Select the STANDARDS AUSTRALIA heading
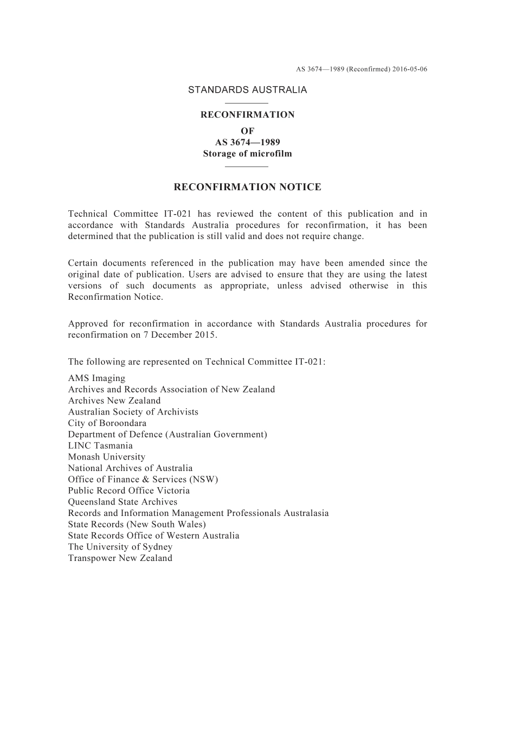tap(247, 90)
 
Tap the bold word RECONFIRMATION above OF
tap(247, 115)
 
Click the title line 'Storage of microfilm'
tap(247, 154)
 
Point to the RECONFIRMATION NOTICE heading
tap(247, 188)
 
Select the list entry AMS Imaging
tap(96, 378)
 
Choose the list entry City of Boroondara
tap(107, 423)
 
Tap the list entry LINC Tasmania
tap(100, 446)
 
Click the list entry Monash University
tap(106, 457)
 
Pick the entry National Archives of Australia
tap(130, 468)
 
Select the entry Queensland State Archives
tap(123, 502)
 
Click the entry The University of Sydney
tap(120, 547)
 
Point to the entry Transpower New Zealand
tap(120, 558)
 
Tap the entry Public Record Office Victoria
tap(128, 491)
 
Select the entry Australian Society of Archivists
tap(133, 412)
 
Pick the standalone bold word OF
tap(247, 131)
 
